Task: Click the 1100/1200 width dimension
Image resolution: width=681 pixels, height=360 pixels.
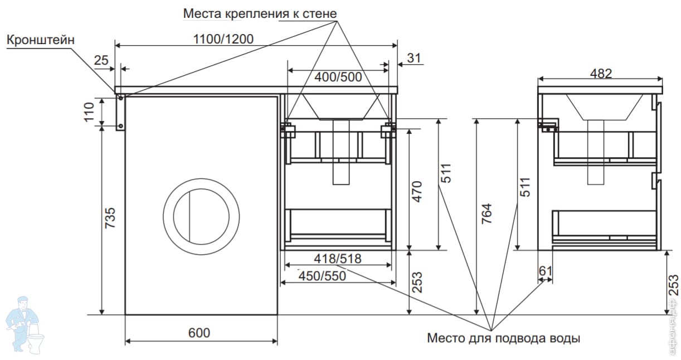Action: coord(223,39)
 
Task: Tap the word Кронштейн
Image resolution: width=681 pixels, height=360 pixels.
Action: coord(41,40)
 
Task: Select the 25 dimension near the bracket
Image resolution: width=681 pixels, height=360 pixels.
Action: coord(101,60)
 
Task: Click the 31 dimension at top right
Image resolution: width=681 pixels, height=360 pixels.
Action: coord(414,58)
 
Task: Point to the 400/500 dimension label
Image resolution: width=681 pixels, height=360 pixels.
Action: coord(338,77)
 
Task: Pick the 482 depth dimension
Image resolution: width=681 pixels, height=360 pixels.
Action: coord(601,74)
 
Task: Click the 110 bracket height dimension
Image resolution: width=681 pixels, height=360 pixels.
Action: coord(89,112)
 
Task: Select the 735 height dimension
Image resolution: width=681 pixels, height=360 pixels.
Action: coord(110,218)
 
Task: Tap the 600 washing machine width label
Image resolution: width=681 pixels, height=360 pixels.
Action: coord(199,333)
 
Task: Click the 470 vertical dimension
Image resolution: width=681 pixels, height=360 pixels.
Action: coord(417,192)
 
